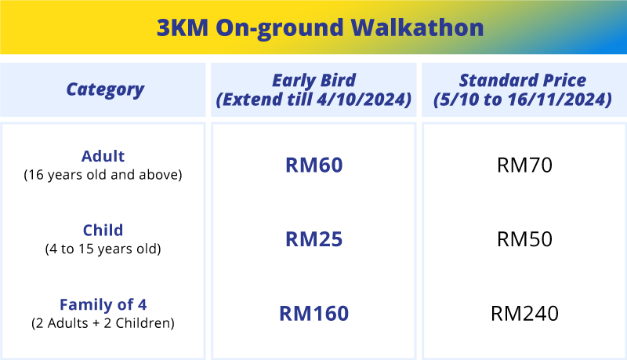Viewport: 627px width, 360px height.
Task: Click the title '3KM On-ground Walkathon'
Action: click(x=320, y=28)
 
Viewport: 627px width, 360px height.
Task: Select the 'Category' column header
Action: click(x=105, y=89)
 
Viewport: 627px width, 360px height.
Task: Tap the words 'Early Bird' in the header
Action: click(x=314, y=81)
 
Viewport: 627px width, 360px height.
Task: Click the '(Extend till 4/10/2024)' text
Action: click(x=314, y=99)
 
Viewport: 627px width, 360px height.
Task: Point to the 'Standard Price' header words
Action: click(x=523, y=80)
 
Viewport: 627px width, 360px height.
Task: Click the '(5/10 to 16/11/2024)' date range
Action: click(x=523, y=99)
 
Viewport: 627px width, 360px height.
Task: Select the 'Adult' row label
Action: click(x=103, y=156)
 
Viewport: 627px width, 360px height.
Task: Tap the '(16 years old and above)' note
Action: click(x=103, y=175)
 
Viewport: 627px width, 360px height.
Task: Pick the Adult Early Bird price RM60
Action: click(x=314, y=165)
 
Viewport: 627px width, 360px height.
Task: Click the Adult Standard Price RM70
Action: click(x=524, y=165)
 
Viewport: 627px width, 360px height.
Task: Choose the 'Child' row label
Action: click(x=103, y=230)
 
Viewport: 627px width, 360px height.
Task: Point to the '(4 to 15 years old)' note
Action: click(x=103, y=249)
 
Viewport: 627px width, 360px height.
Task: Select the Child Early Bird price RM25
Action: click(x=314, y=239)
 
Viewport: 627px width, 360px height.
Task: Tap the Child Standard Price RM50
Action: click(x=524, y=239)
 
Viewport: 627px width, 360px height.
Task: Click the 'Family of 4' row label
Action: click(x=103, y=304)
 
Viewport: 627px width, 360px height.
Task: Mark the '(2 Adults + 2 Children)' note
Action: click(x=103, y=323)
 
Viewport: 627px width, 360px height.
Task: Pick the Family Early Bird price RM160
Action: click(x=314, y=313)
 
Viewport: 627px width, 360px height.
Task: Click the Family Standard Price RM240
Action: click(x=524, y=313)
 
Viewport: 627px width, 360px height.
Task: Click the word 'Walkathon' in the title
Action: click(x=418, y=27)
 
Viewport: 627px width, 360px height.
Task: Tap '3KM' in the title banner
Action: click(x=183, y=27)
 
